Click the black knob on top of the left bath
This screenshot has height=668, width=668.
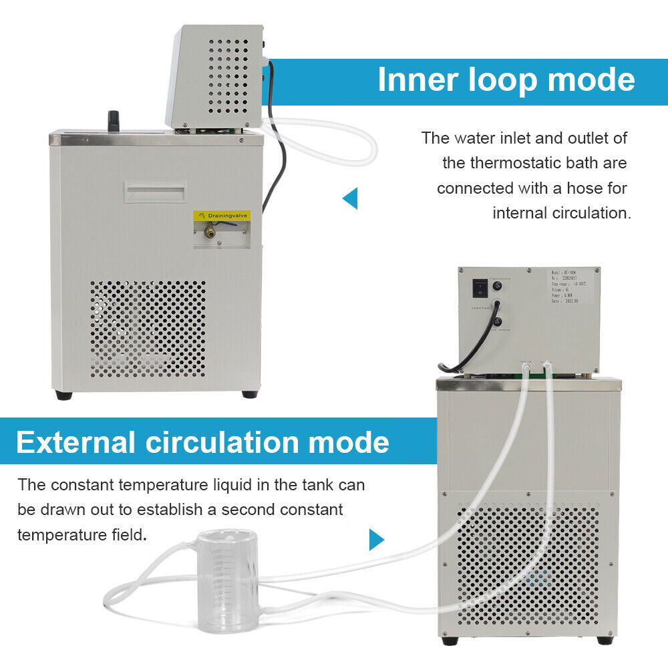(114, 120)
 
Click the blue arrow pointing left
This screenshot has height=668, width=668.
(350, 198)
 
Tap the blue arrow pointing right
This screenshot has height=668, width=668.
(377, 539)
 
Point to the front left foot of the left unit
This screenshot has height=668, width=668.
(64, 395)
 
